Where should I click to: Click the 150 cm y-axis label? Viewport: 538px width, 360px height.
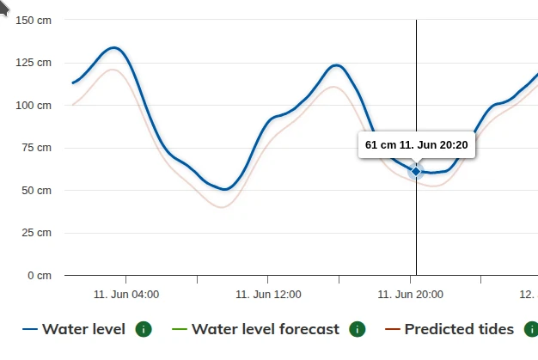pyautogui.click(x=34, y=20)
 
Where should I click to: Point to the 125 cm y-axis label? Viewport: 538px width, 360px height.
pyautogui.click(x=34, y=63)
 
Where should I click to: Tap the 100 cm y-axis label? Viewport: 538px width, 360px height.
pyautogui.click(x=34, y=105)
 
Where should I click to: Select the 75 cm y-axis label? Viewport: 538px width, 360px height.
pyautogui.click(x=36, y=148)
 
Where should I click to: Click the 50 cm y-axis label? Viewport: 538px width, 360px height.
pyautogui.click(x=36, y=190)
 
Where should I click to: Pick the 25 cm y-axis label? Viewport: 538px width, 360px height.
pyautogui.click(x=36, y=233)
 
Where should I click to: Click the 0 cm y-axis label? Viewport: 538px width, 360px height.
pyautogui.click(x=39, y=275)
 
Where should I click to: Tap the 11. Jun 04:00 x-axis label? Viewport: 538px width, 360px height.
pyautogui.click(x=126, y=294)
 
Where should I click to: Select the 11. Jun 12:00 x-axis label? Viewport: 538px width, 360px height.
pyautogui.click(x=268, y=294)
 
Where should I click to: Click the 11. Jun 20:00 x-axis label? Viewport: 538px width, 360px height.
pyautogui.click(x=411, y=294)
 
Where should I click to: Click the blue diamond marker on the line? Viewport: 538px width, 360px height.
pyautogui.click(x=416, y=171)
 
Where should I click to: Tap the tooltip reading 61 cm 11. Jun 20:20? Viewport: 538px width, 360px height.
pyautogui.click(x=417, y=145)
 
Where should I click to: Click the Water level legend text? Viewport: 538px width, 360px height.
pyautogui.click(x=83, y=329)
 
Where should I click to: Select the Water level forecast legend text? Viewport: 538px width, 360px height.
pyautogui.click(x=266, y=329)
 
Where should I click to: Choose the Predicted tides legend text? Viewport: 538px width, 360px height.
pyautogui.click(x=459, y=329)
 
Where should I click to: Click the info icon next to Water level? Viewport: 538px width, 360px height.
pyautogui.click(x=144, y=329)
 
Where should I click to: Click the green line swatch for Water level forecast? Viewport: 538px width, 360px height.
pyautogui.click(x=180, y=329)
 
